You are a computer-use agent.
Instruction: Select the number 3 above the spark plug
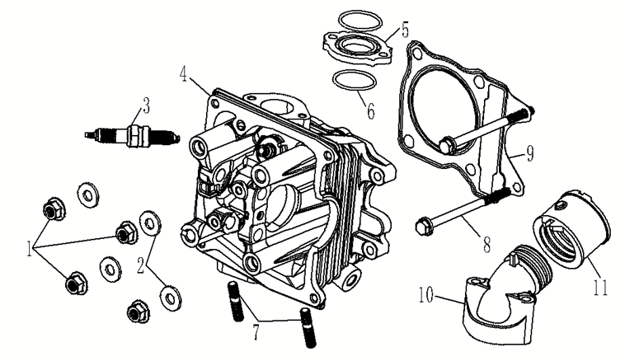(x=145, y=105)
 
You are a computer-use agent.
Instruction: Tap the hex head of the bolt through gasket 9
(x=445, y=145)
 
